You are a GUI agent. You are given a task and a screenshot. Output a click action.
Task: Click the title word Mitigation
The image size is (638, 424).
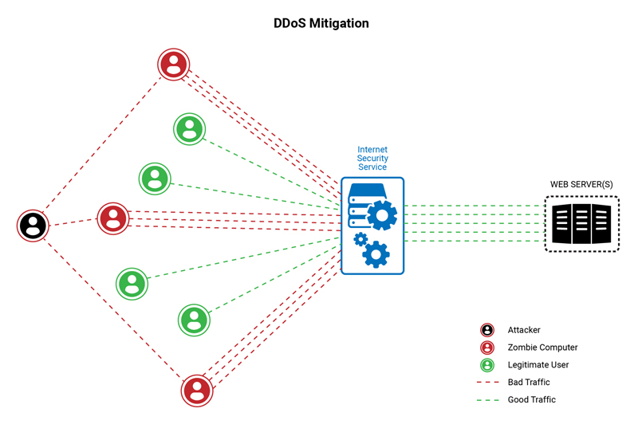[x=338, y=23]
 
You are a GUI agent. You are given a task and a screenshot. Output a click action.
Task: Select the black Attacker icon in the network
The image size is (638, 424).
[x=33, y=226]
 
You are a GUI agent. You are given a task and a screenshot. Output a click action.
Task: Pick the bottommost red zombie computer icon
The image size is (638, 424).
[x=197, y=390]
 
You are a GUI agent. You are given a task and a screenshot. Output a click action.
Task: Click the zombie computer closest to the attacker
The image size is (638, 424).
[x=112, y=218]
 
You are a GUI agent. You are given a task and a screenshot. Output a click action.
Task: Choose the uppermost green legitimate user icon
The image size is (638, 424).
[x=189, y=128]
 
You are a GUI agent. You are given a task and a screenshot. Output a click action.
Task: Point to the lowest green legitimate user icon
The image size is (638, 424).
[x=193, y=319]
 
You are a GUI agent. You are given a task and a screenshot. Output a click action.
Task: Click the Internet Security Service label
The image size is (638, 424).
[x=372, y=158]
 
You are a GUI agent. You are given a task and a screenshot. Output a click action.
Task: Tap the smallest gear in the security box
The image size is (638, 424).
[x=360, y=238]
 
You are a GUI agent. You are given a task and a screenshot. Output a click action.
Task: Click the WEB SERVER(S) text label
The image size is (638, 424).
[x=581, y=185]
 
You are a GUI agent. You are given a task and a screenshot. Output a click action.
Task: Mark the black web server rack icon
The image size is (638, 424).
[x=581, y=225]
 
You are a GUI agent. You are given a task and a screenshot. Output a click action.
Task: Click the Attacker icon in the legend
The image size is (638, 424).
[x=486, y=330]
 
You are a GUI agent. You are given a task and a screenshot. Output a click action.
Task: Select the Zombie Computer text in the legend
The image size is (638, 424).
[x=542, y=347]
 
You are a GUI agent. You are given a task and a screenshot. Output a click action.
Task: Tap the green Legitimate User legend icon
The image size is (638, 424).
[x=486, y=365]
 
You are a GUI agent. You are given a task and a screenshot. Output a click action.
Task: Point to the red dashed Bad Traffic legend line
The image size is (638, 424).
[x=486, y=383]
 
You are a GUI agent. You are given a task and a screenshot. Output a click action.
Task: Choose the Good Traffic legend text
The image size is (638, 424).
[x=531, y=400]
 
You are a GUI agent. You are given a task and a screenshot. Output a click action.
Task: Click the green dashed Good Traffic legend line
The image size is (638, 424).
[x=486, y=400]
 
